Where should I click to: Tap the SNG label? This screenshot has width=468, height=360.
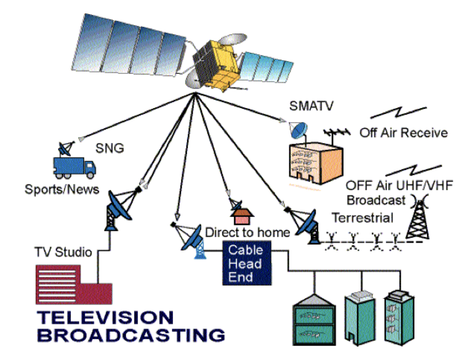tap(110, 149)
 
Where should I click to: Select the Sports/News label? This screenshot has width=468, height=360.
tap(62, 189)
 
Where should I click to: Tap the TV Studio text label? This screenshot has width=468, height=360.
tap(63, 252)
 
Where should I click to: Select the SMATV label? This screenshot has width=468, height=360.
tap(311, 106)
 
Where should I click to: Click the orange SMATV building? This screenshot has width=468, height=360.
tap(314, 162)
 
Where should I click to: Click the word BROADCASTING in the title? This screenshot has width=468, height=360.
tap(133, 334)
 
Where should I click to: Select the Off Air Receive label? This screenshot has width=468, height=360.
tap(403, 132)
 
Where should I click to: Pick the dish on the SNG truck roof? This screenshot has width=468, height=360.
tap(66, 149)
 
